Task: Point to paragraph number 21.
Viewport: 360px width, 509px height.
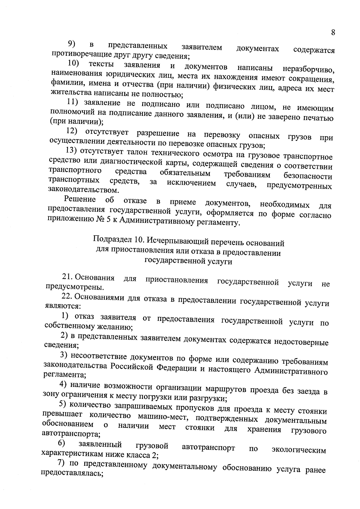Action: (68, 277)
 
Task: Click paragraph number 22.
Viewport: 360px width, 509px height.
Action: (67, 297)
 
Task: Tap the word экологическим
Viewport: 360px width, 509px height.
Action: (298, 450)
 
